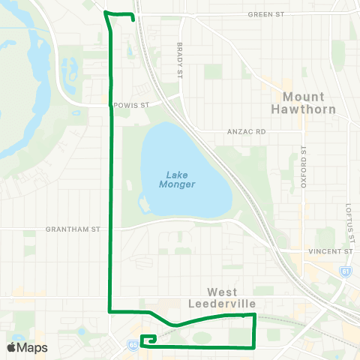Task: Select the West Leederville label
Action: tap(232, 298)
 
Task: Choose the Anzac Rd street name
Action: tap(247, 131)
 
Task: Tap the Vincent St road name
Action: tap(331, 251)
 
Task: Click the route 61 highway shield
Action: tap(346, 274)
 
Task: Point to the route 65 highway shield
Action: tap(132, 345)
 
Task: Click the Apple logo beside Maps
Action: tap(12, 347)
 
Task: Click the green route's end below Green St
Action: tap(133, 20)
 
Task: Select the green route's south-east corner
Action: tap(255, 346)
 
